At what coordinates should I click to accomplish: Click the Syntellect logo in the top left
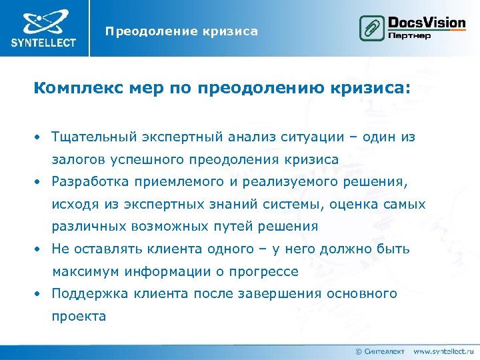click(43, 28)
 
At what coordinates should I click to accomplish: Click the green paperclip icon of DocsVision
click(369, 28)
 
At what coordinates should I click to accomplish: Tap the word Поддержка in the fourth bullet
click(85, 293)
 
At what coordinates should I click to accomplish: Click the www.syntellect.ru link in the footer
click(443, 351)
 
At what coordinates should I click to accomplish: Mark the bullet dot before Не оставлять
click(40, 249)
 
